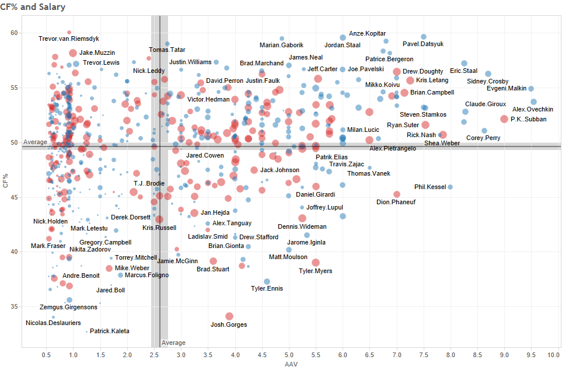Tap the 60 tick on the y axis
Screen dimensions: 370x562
pos(14,33)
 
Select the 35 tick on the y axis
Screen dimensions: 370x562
pos(14,306)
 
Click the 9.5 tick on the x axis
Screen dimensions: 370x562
pos(531,354)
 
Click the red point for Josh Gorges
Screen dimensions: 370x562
pos(229,316)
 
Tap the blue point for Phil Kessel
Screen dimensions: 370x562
pos(450,187)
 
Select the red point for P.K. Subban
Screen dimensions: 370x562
pos(504,119)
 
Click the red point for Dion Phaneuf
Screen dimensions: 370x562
pos(397,194)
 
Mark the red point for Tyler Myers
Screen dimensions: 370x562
pos(316,263)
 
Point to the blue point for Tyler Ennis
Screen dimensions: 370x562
pos(267,281)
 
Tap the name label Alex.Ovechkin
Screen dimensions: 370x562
pos(533,109)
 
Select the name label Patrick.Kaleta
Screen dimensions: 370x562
pos(110,331)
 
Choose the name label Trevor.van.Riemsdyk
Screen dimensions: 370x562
pos(69,39)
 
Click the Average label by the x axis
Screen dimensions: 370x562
pos(173,343)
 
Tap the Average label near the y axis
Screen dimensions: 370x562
pos(36,142)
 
